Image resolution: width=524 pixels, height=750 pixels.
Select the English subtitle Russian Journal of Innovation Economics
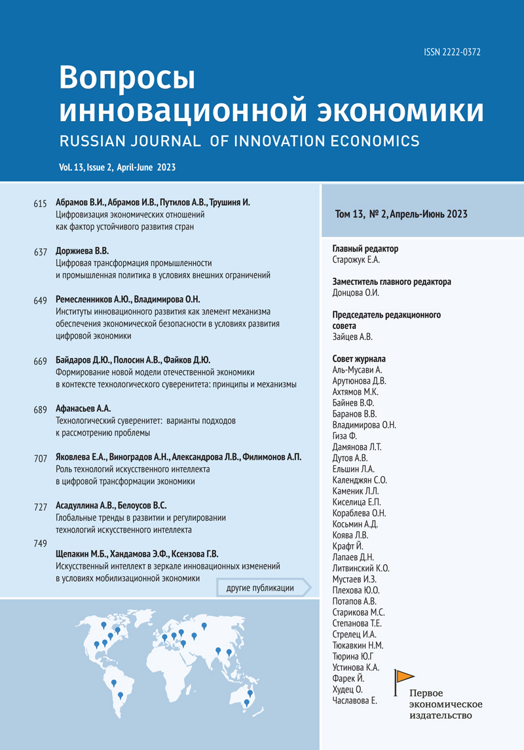coord(238,140)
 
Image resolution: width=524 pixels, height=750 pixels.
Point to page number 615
coord(40,204)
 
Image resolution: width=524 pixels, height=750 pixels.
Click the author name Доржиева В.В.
coord(82,251)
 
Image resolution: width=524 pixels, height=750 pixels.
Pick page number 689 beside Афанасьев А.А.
coord(40,410)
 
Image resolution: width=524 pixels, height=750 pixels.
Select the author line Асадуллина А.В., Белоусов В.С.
coord(111,506)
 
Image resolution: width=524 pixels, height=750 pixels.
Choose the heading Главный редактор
coord(365,249)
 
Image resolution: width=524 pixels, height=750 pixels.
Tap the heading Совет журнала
coord(359,359)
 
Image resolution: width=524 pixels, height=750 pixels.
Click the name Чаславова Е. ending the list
coord(355,700)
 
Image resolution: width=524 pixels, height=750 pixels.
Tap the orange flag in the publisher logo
coord(405,676)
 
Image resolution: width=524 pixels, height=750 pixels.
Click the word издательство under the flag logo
coord(440,716)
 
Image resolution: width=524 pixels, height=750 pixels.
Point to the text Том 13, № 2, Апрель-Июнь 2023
coord(401,214)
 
